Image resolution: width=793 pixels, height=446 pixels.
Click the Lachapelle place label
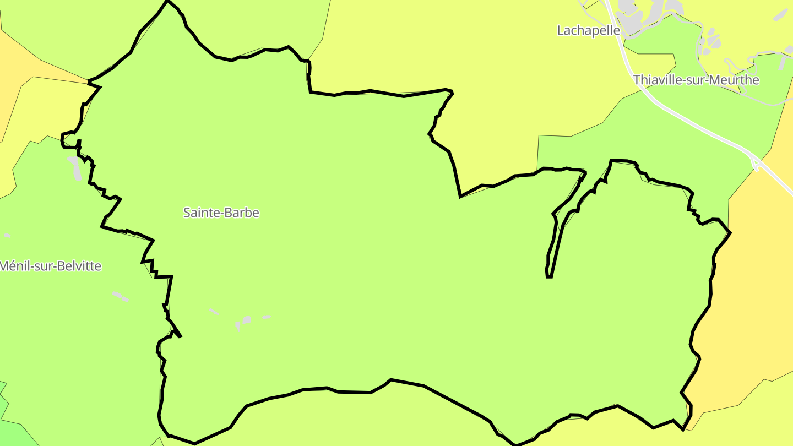tap(588, 31)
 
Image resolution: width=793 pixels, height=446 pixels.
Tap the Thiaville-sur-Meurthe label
tap(696, 80)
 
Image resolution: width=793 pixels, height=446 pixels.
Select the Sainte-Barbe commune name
tap(221, 213)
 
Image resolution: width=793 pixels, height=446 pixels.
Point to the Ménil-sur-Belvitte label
tap(51, 266)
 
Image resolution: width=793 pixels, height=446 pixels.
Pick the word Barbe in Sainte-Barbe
tap(241, 213)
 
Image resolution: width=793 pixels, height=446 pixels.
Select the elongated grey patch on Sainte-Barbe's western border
tap(74, 168)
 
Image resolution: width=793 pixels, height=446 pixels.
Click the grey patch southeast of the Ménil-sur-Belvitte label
tap(120, 297)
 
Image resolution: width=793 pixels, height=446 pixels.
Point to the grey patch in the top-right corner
tap(781, 14)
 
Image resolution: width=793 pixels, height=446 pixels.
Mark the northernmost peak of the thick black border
tap(167, 1)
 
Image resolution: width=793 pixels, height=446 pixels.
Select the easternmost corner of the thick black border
tap(730, 233)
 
